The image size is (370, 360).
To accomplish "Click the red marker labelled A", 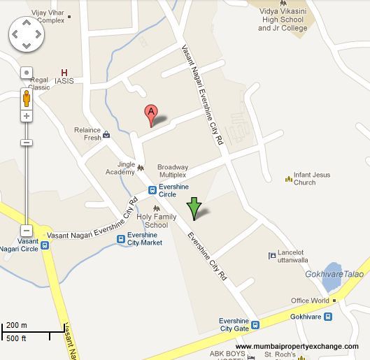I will [150, 113].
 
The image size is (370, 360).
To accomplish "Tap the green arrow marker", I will [194, 208].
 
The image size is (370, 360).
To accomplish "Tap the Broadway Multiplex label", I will [172, 171].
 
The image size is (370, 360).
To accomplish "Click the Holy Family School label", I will [152, 221].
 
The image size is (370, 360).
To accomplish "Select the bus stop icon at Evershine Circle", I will [152, 189].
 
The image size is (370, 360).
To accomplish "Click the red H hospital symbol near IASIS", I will [65, 72].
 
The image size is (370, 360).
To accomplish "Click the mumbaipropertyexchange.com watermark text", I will [297, 347].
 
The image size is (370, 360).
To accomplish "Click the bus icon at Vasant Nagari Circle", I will [45, 245].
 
